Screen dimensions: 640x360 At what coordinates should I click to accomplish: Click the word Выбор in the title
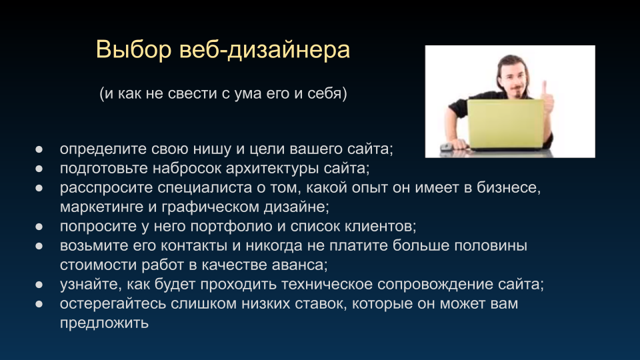click(x=133, y=50)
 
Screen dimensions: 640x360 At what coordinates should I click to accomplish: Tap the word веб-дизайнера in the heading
click(x=265, y=50)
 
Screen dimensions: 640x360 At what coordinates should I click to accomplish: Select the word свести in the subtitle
click(x=193, y=93)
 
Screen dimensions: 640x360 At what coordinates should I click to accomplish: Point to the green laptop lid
click(x=505, y=124)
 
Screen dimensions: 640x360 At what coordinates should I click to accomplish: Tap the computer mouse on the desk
click(x=446, y=147)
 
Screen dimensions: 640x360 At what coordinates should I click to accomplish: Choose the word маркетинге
click(x=101, y=207)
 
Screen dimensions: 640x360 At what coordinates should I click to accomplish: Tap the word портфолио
click(x=231, y=226)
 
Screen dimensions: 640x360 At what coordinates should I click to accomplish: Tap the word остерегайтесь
click(x=113, y=304)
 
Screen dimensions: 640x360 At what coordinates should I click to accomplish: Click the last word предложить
click(x=104, y=323)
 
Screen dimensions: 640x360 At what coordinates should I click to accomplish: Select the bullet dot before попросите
click(x=39, y=227)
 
